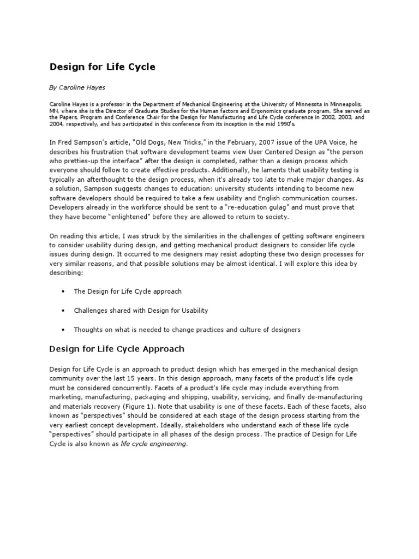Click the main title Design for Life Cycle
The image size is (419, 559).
[103, 67]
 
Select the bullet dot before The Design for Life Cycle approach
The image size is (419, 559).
[63, 292]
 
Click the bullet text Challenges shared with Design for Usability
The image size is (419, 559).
[141, 311]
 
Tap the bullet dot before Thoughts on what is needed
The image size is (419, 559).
[63, 330]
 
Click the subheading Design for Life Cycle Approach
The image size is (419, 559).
[117, 349]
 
